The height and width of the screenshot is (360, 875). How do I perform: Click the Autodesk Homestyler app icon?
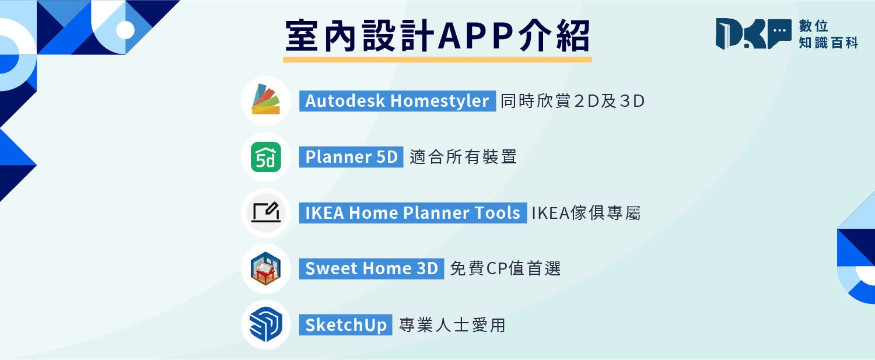click(x=266, y=100)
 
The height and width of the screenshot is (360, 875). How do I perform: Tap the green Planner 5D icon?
click(x=266, y=157)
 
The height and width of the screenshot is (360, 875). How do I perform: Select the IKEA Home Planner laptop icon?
click(x=266, y=212)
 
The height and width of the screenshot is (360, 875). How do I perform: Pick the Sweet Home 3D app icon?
click(x=266, y=268)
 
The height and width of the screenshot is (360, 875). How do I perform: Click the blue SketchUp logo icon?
click(x=266, y=324)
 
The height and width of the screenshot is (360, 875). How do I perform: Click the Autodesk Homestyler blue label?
click(x=397, y=101)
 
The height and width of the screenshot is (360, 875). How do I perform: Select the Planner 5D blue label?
click(x=351, y=157)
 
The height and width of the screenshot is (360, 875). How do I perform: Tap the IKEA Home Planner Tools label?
click(x=413, y=213)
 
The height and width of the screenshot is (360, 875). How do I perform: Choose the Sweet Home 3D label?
click(x=372, y=268)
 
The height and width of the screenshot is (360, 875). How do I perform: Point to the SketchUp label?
click(x=346, y=325)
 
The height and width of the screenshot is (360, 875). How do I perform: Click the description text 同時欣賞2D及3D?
click(x=572, y=101)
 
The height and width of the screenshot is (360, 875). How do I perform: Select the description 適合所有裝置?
click(x=463, y=157)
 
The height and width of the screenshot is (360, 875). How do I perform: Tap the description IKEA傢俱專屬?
click(x=586, y=213)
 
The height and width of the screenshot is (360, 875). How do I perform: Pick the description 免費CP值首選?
click(x=506, y=268)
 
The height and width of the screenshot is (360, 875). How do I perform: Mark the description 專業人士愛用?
click(x=452, y=325)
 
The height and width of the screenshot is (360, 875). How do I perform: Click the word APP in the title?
click(x=475, y=36)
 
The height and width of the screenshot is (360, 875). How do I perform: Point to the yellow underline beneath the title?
click(x=437, y=60)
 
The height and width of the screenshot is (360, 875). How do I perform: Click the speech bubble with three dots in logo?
click(x=779, y=33)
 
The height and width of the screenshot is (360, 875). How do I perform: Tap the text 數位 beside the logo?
click(x=814, y=26)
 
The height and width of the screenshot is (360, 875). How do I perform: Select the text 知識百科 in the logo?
click(x=828, y=43)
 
